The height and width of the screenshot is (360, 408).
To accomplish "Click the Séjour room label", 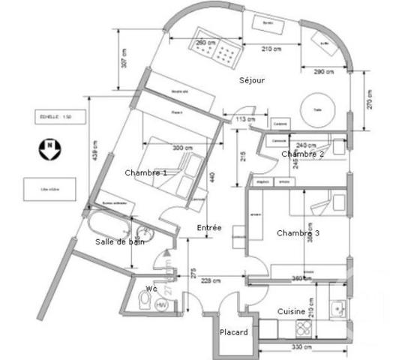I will [x=253, y=80].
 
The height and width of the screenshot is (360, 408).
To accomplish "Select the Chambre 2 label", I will [x=302, y=154].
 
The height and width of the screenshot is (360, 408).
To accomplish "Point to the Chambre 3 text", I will [x=298, y=233].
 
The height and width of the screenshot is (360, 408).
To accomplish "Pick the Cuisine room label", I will [x=291, y=311].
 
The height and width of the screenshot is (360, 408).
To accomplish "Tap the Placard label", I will [x=233, y=332].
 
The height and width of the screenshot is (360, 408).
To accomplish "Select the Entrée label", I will [x=208, y=227].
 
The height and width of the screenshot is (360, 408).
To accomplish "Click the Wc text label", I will [x=151, y=288].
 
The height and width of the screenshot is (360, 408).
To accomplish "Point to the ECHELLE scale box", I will [x=52, y=117].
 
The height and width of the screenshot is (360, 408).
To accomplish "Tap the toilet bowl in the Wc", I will [x=144, y=302].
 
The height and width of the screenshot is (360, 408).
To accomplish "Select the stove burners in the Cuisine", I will [x=304, y=328].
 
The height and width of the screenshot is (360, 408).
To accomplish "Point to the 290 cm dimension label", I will [x=323, y=71].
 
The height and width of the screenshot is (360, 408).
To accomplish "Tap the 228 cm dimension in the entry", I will [x=212, y=281].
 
